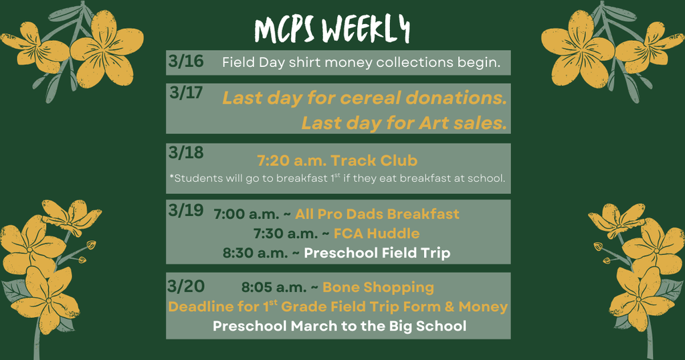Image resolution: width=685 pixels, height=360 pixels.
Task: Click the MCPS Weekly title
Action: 332,29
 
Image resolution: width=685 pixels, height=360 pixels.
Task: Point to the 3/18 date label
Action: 186,153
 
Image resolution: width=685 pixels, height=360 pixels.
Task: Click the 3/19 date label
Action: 186,210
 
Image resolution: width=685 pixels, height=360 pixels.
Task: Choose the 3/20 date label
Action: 186,286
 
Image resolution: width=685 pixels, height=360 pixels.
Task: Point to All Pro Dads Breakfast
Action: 377,214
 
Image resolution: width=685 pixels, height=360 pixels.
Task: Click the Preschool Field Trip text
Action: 377,253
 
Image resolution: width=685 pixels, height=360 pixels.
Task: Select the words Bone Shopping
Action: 378,288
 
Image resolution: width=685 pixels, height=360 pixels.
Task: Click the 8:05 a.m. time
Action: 274,288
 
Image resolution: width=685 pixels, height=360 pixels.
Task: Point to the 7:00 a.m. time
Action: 247,215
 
